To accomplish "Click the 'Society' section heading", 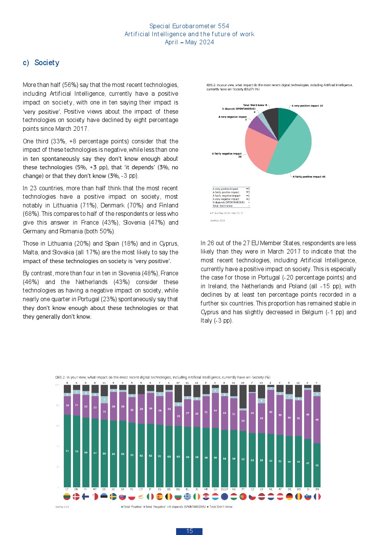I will point(47,63).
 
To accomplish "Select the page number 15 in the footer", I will point(189,531).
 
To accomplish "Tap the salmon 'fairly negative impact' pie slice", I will point(260,149).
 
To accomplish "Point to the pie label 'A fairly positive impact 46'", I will point(309,177).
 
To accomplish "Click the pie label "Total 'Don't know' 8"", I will point(255,105).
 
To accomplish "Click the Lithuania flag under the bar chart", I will point(67,496).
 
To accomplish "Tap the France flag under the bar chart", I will point(317,496).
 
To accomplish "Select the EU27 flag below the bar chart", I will point(224,496).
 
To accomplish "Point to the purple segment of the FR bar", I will point(317,419).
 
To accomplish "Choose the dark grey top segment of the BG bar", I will point(178,393).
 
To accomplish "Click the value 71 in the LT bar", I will point(67,451).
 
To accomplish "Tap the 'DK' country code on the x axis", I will point(76,489).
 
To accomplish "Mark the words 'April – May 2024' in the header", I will point(189,42).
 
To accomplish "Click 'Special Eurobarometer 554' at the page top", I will point(189,26).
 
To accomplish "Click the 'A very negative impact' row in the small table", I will point(226,199).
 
